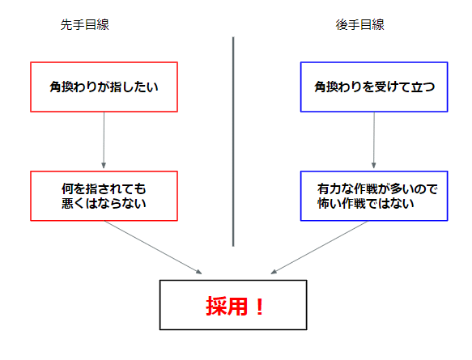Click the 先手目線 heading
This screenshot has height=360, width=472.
84,25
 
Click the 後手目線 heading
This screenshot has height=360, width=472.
359,25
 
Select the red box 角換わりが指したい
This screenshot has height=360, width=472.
104,86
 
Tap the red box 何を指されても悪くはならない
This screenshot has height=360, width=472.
104,196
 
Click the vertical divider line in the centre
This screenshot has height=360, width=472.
233,142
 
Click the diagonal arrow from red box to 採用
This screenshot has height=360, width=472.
154,246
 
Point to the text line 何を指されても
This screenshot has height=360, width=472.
104,188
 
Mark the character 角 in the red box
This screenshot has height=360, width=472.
56,86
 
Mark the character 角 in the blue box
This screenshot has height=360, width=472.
321,86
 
